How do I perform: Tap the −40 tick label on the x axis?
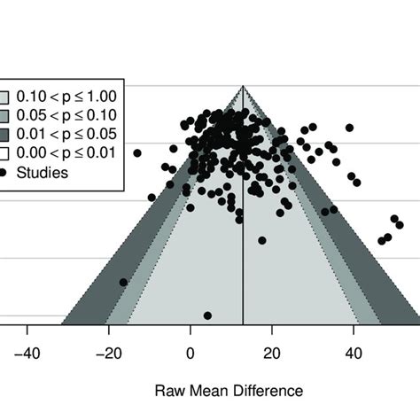[x=27, y=354]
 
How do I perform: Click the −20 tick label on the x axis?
[x=108, y=354]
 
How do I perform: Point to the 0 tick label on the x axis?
[x=190, y=354]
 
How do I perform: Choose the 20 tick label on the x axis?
[x=271, y=354]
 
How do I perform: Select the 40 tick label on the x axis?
[x=353, y=354]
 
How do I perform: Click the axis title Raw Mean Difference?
[x=229, y=390]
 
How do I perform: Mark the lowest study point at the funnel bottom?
[x=207, y=315]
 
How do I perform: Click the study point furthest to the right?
[x=395, y=220]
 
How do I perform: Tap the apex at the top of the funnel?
[x=243, y=86]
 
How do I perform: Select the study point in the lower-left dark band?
[x=123, y=283]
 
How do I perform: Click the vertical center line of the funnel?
[x=243, y=266]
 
